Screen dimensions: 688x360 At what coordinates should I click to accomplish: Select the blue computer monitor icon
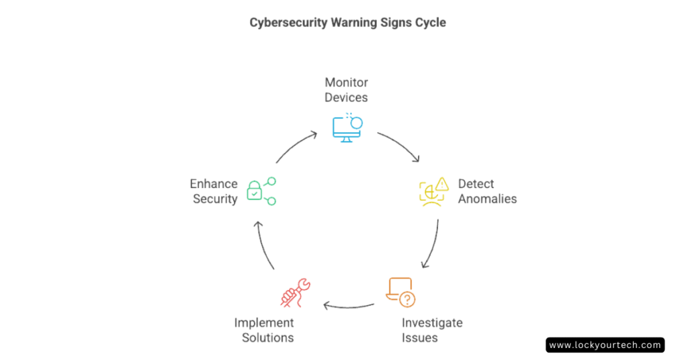click(x=347, y=130)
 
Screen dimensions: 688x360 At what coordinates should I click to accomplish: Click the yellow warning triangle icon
click(x=442, y=184)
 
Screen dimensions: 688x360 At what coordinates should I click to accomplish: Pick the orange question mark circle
click(x=408, y=300)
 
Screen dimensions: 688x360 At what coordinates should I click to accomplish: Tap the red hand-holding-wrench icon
click(x=296, y=292)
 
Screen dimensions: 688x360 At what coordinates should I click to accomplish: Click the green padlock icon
click(x=254, y=191)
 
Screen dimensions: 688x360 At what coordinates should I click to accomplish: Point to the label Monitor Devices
click(x=346, y=90)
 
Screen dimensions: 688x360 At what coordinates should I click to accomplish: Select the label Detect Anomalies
click(x=488, y=191)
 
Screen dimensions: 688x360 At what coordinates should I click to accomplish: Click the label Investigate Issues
click(x=432, y=330)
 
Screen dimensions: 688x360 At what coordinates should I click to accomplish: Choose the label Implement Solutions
click(x=264, y=330)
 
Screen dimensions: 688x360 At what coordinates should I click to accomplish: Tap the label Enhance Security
click(x=214, y=191)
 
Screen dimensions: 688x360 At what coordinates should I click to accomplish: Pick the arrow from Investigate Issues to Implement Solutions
click(x=349, y=306)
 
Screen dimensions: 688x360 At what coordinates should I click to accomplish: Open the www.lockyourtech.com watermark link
click(x=605, y=345)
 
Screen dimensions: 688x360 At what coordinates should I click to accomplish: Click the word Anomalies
click(x=488, y=199)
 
